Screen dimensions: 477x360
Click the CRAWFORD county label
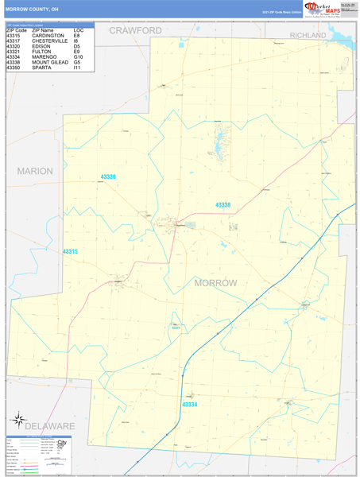(x=136, y=30)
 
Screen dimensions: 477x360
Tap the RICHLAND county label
(x=308, y=36)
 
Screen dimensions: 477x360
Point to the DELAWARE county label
(x=49, y=426)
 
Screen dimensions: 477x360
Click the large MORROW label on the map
(x=215, y=283)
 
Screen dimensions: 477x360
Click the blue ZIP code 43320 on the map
(x=108, y=176)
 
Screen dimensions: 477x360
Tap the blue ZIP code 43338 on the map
(x=223, y=205)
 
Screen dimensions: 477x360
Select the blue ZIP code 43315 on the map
(x=71, y=251)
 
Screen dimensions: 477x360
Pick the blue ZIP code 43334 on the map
(x=190, y=405)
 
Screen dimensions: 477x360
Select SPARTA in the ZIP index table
(x=41, y=68)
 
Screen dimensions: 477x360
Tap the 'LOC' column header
(x=78, y=30)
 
